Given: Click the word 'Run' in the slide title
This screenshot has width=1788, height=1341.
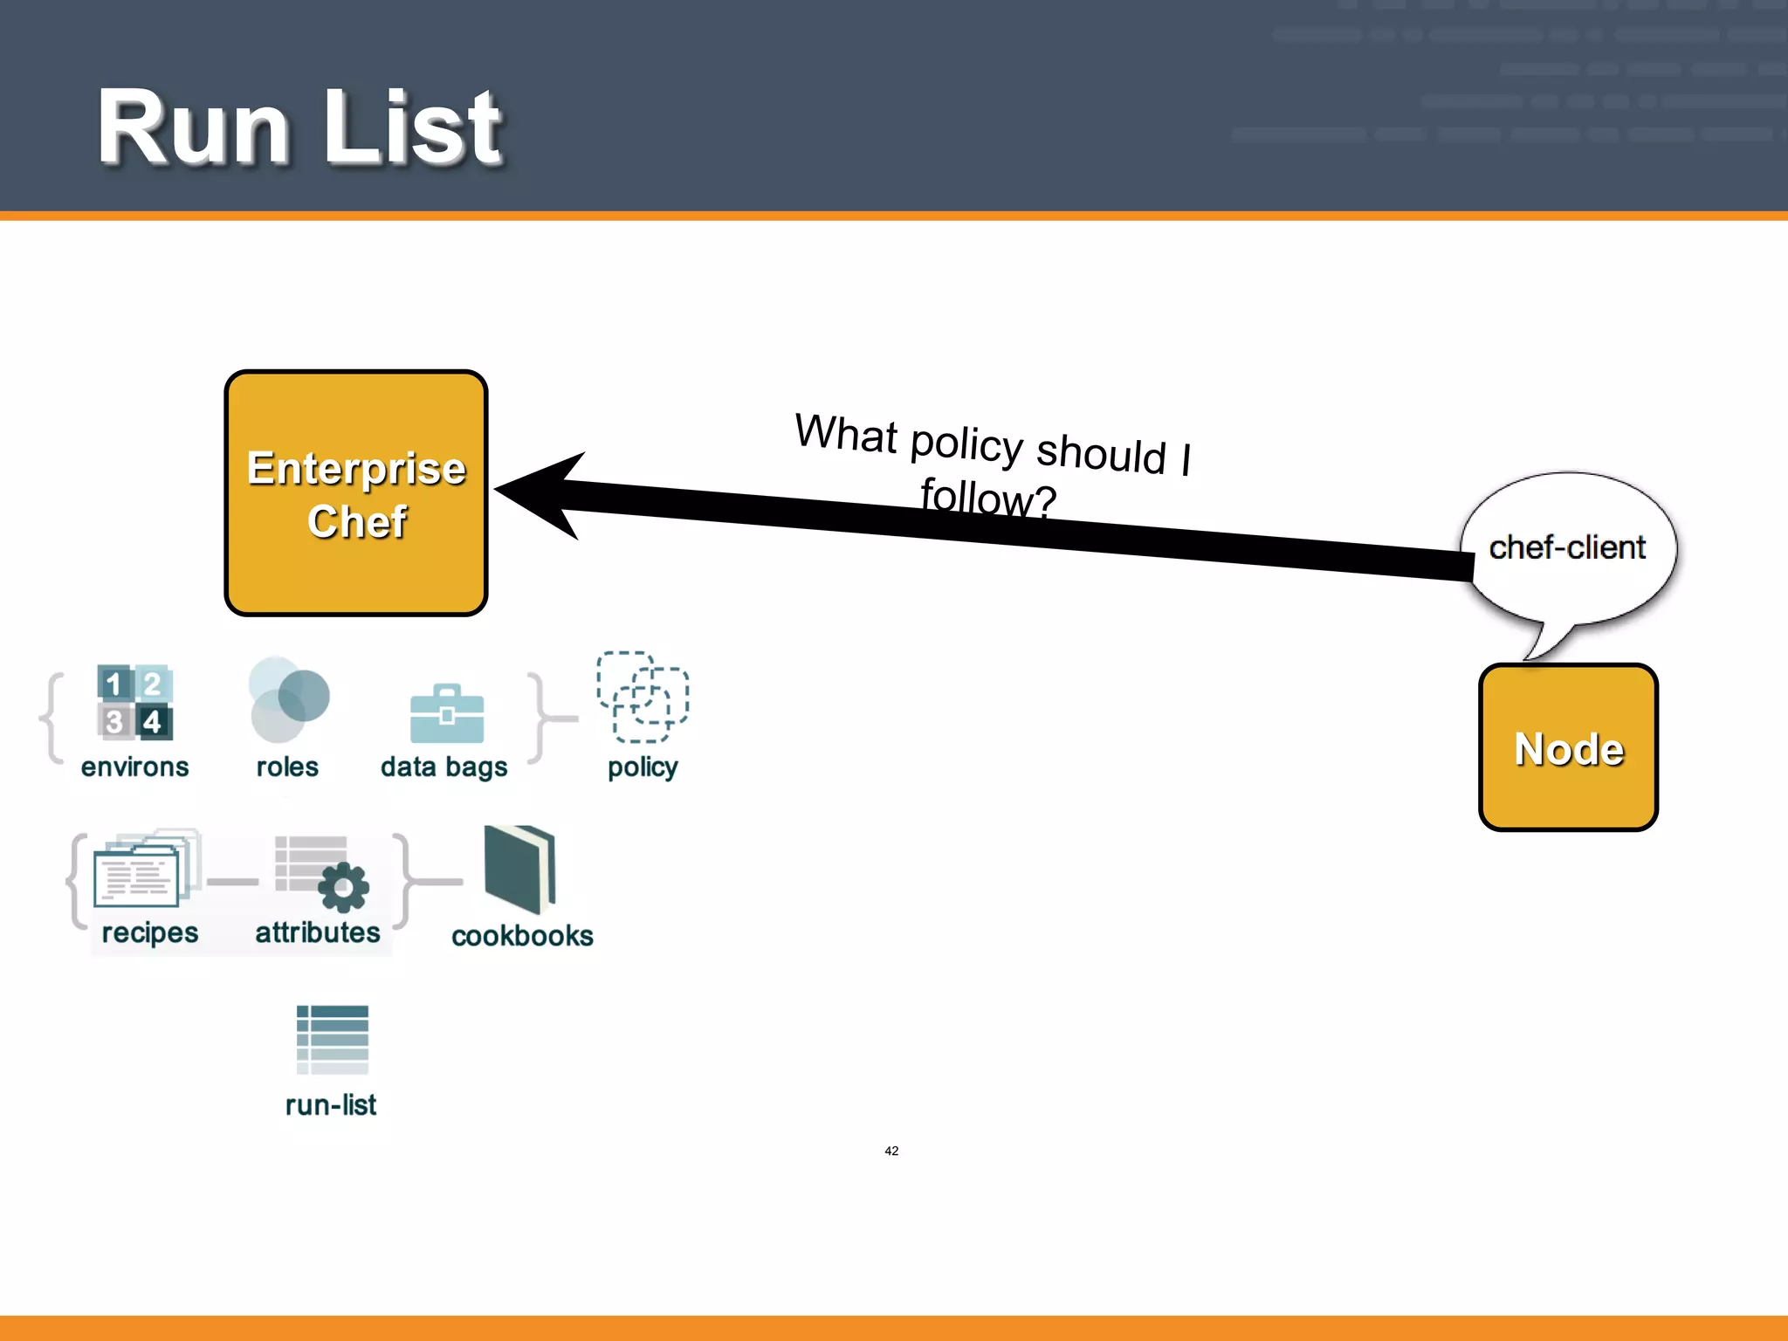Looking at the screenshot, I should (x=192, y=128).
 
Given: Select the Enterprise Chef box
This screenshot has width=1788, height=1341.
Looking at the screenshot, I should (x=355, y=493).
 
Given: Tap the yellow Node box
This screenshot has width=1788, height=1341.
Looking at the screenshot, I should (x=1568, y=747).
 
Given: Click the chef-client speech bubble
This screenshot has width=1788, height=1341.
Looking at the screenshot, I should (x=1568, y=547).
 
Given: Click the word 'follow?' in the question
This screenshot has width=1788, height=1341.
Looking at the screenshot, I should (x=988, y=498).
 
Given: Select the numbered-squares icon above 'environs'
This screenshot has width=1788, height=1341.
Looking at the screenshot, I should (x=134, y=702).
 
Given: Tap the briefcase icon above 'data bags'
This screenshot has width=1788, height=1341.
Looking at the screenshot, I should (x=447, y=713).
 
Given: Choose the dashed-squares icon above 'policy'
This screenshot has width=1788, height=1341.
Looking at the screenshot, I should (x=643, y=697).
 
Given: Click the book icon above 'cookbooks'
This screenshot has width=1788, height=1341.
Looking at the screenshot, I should (x=521, y=869).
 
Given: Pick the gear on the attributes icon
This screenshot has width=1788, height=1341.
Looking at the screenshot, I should (x=343, y=888).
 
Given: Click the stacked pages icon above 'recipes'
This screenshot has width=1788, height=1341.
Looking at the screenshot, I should (x=145, y=869).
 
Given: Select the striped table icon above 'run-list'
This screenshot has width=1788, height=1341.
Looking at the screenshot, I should (x=332, y=1039).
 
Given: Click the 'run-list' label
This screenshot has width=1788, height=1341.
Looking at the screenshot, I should (x=331, y=1105).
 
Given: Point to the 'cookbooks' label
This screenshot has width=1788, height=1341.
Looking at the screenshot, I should (x=522, y=936).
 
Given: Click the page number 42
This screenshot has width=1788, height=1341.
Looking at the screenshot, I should (x=891, y=1151).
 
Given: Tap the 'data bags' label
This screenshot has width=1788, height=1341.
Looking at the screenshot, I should (x=444, y=767).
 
